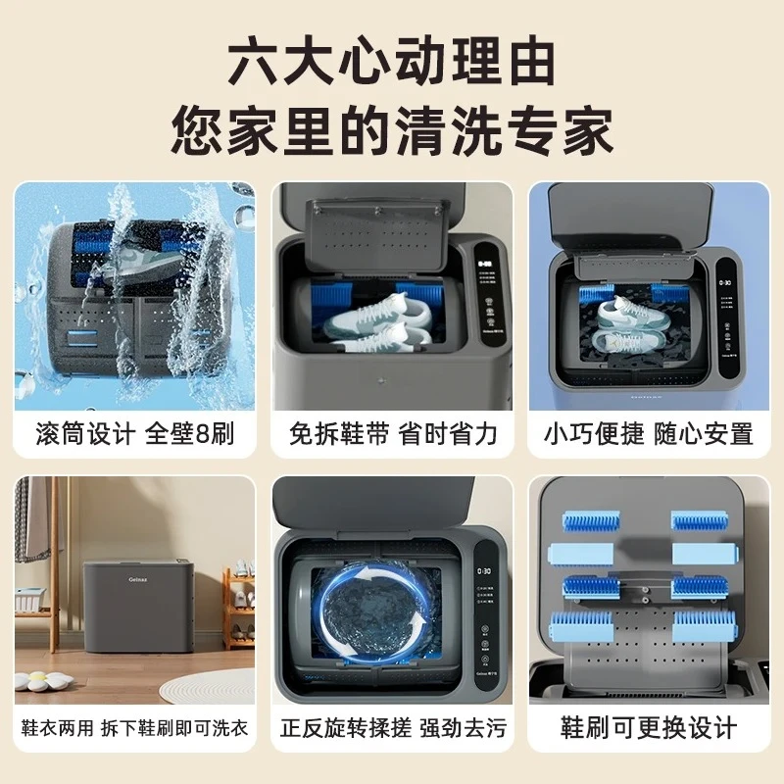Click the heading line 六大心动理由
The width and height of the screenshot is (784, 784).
coord(392,65)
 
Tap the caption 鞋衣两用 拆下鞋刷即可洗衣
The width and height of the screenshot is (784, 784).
coord(134,729)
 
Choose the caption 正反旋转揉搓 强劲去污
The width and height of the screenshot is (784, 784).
coord(392,729)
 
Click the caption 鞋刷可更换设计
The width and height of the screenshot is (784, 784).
coord(649,729)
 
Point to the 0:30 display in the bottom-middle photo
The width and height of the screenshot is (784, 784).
coord(483,570)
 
